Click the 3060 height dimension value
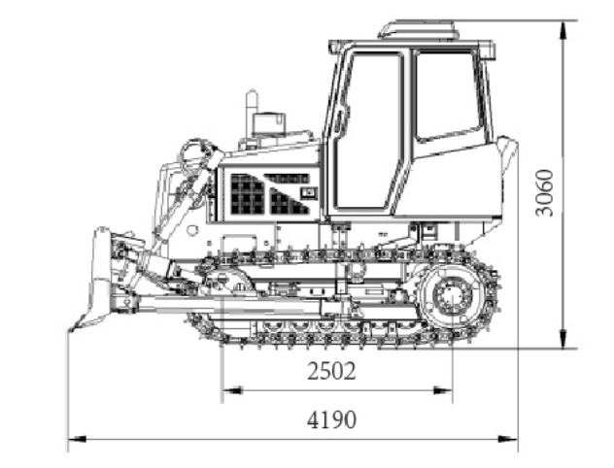[x=544, y=192]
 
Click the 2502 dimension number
[x=331, y=371]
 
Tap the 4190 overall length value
[x=331, y=419]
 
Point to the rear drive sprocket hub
[x=453, y=295]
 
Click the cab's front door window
[x=368, y=131]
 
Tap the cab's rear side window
[x=448, y=96]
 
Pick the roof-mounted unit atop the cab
[x=418, y=29]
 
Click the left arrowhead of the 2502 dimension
[x=232, y=390]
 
